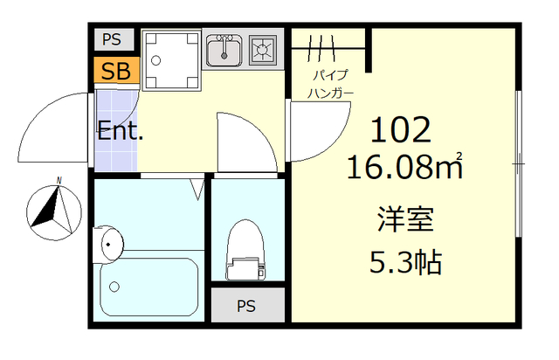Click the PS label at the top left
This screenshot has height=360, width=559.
tap(112, 39)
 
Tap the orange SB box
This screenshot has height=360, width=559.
tap(114, 71)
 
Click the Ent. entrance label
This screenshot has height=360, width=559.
tap(121, 133)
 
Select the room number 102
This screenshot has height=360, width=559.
tap(401, 130)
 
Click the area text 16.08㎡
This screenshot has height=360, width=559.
tap(403, 166)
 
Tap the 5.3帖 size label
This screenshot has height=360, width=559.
tap(403, 261)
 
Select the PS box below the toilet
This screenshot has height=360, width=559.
tap(247, 306)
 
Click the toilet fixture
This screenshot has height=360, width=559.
tap(245, 249)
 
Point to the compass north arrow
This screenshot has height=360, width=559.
tap(52, 210)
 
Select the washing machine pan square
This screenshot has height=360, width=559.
tap(171, 60)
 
